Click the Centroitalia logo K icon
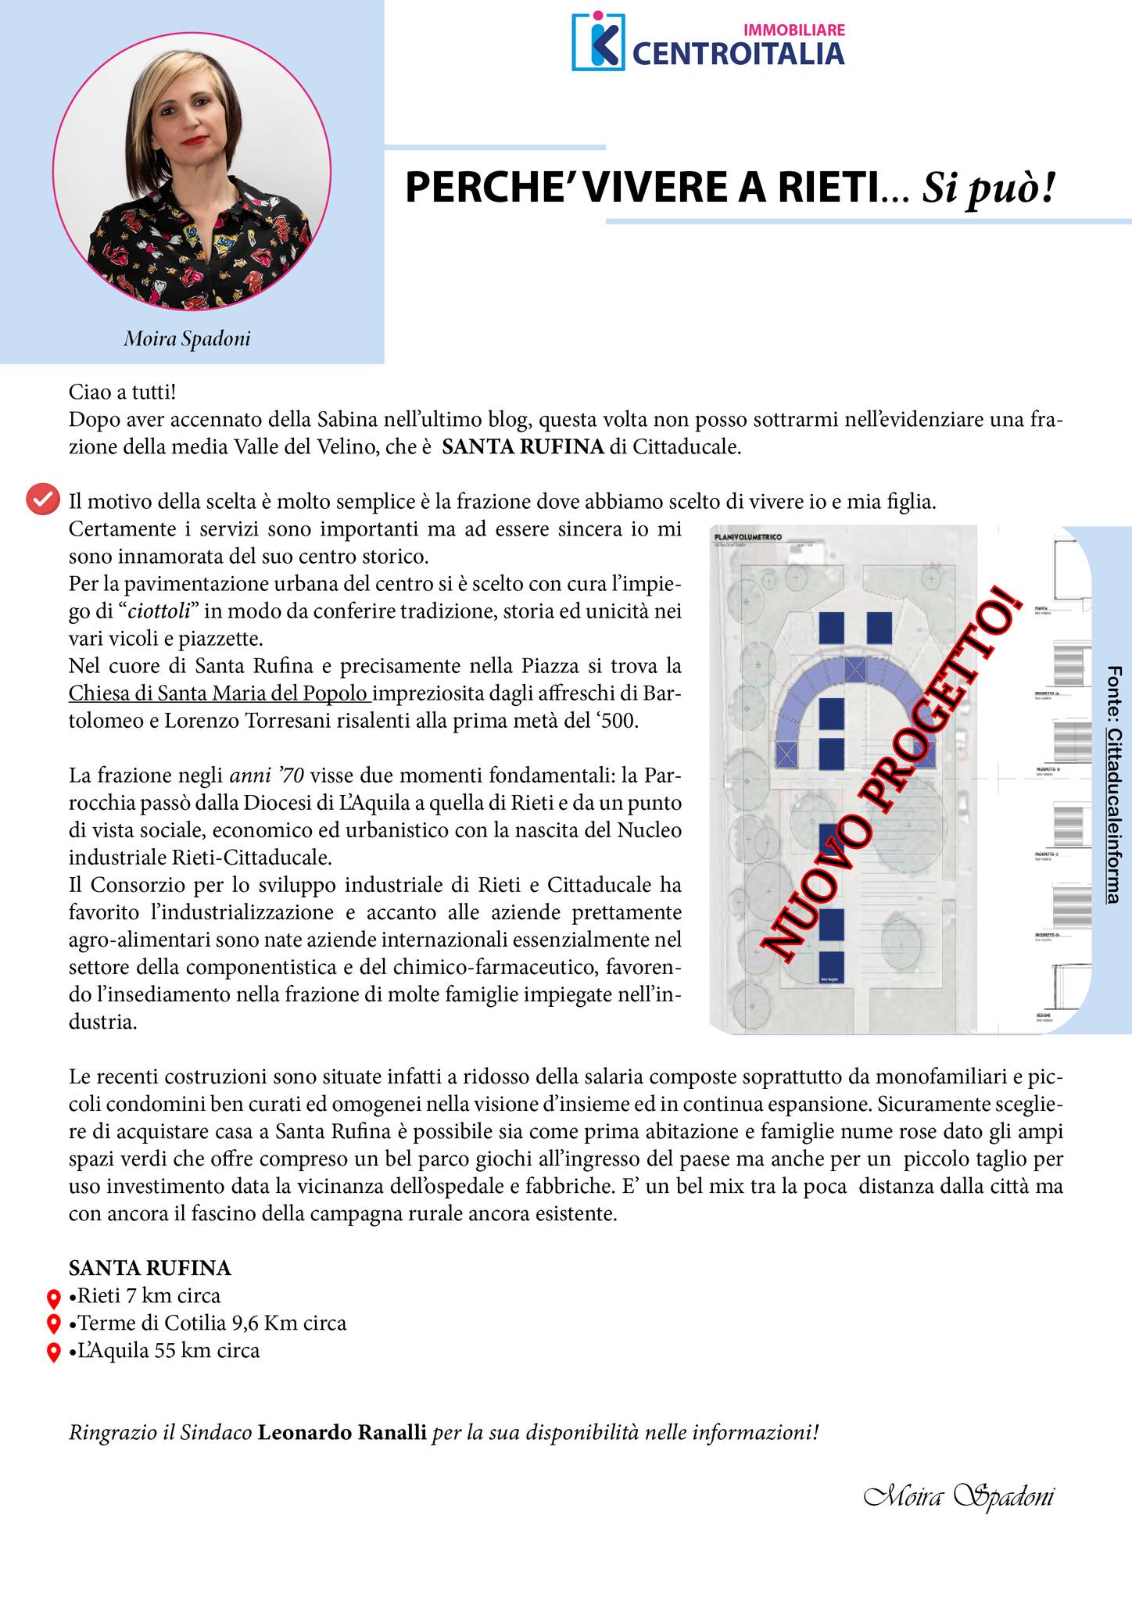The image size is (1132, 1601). pyautogui.click(x=598, y=41)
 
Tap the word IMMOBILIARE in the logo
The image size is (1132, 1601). pyautogui.click(x=793, y=30)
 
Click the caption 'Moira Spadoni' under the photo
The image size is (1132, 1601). pyautogui.click(x=187, y=339)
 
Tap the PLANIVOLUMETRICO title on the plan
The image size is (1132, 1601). pyautogui.click(x=748, y=538)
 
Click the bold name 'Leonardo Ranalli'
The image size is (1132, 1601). pyautogui.click(x=342, y=1433)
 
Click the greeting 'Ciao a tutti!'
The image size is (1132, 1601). pyautogui.click(x=123, y=391)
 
